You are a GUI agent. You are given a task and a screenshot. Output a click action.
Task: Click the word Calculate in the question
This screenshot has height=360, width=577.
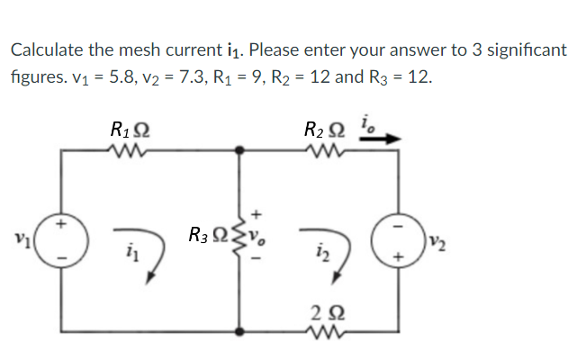pyautogui.click(x=42, y=50)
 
